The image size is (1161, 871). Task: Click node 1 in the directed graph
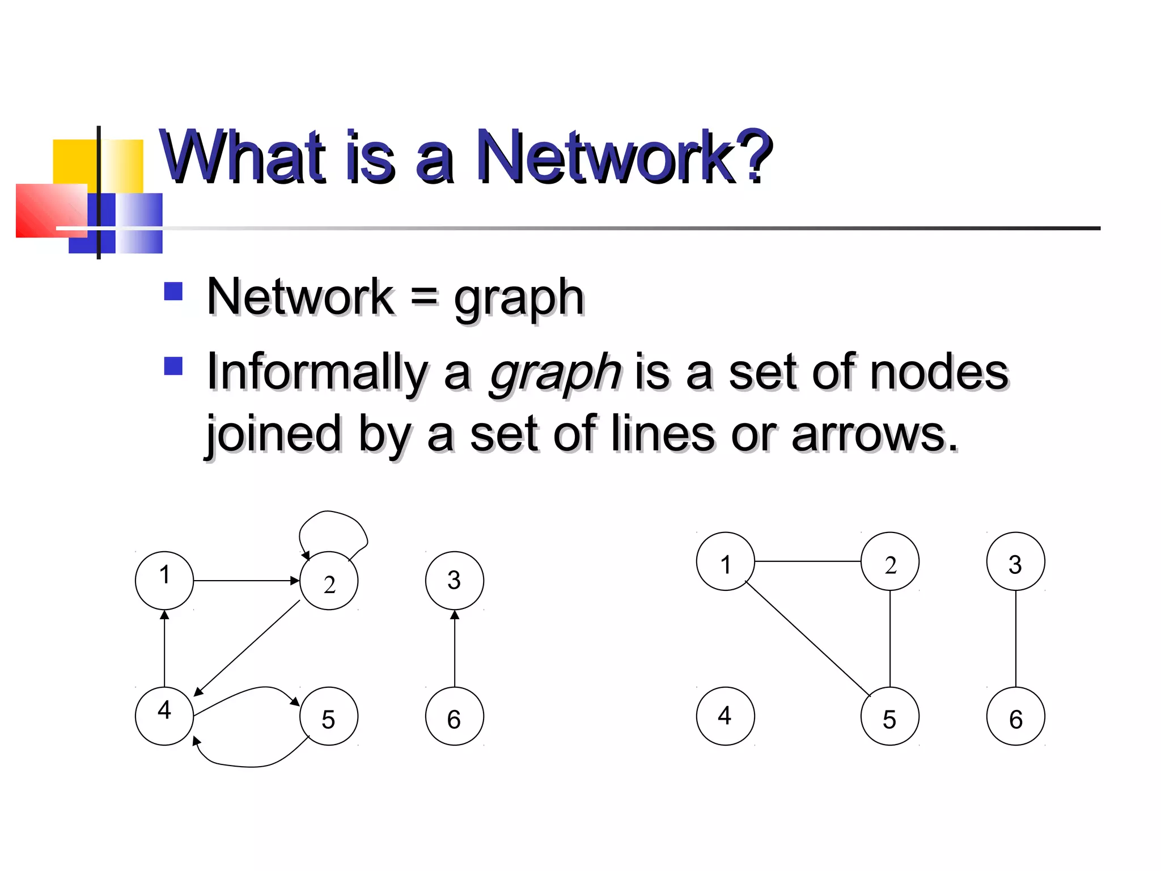164,580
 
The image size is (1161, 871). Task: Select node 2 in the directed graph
329,581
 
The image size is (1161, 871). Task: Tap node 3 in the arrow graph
454,580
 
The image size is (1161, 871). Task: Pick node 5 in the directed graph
329,716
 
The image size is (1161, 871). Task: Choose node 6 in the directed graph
454,716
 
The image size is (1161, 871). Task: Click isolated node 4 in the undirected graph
725,716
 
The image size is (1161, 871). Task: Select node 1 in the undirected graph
725,561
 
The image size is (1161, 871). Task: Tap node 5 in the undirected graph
889,716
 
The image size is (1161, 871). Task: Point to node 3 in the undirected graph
1015,561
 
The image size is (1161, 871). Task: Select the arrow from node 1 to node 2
247,581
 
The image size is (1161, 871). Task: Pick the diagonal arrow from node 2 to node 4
247,648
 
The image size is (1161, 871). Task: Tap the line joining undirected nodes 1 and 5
807,639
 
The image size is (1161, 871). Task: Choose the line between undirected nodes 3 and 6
1015,639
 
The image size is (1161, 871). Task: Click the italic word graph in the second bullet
556,372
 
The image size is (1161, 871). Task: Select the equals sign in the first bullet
424,296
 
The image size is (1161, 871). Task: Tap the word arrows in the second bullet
873,434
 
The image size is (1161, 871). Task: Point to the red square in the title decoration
51,210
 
